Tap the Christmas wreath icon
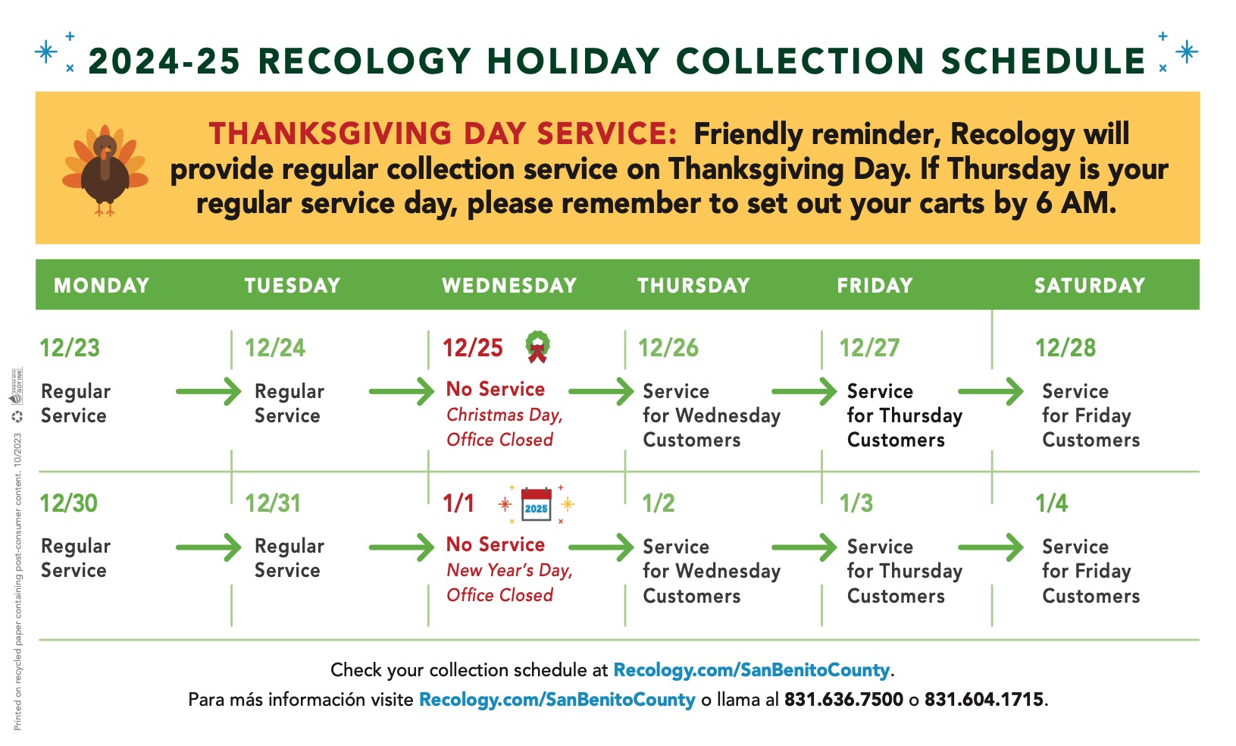pyautogui.click(x=537, y=346)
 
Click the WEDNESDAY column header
pyautogui.click(x=509, y=286)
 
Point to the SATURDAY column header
pyautogui.click(x=1089, y=286)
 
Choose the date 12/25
pyautogui.click(x=473, y=348)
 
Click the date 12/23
pyautogui.click(x=70, y=348)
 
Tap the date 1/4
pyautogui.click(x=1051, y=503)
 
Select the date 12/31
pyautogui.click(x=273, y=503)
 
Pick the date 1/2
pyautogui.click(x=658, y=503)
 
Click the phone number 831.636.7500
pyautogui.click(x=843, y=700)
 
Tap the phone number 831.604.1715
pyautogui.click(x=984, y=700)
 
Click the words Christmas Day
pyautogui.click(x=504, y=415)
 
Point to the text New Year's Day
pyautogui.click(x=509, y=571)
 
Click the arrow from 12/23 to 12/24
pyautogui.click(x=208, y=392)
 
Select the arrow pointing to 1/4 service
pyautogui.click(x=991, y=547)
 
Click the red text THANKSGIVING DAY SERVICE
pyautogui.click(x=443, y=134)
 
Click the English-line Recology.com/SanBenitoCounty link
pyautogui.click(x=751, y=670)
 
